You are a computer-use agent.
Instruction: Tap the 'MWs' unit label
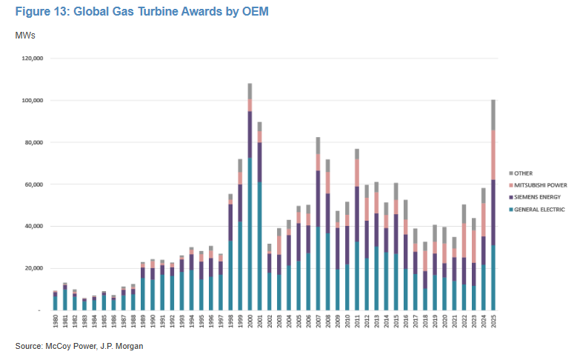[x=25, y=35]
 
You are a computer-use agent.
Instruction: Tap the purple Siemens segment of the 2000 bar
[x=250, y=134]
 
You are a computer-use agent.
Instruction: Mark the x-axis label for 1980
[x=55, y=323]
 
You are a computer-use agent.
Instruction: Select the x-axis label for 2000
[x=250, y=323]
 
